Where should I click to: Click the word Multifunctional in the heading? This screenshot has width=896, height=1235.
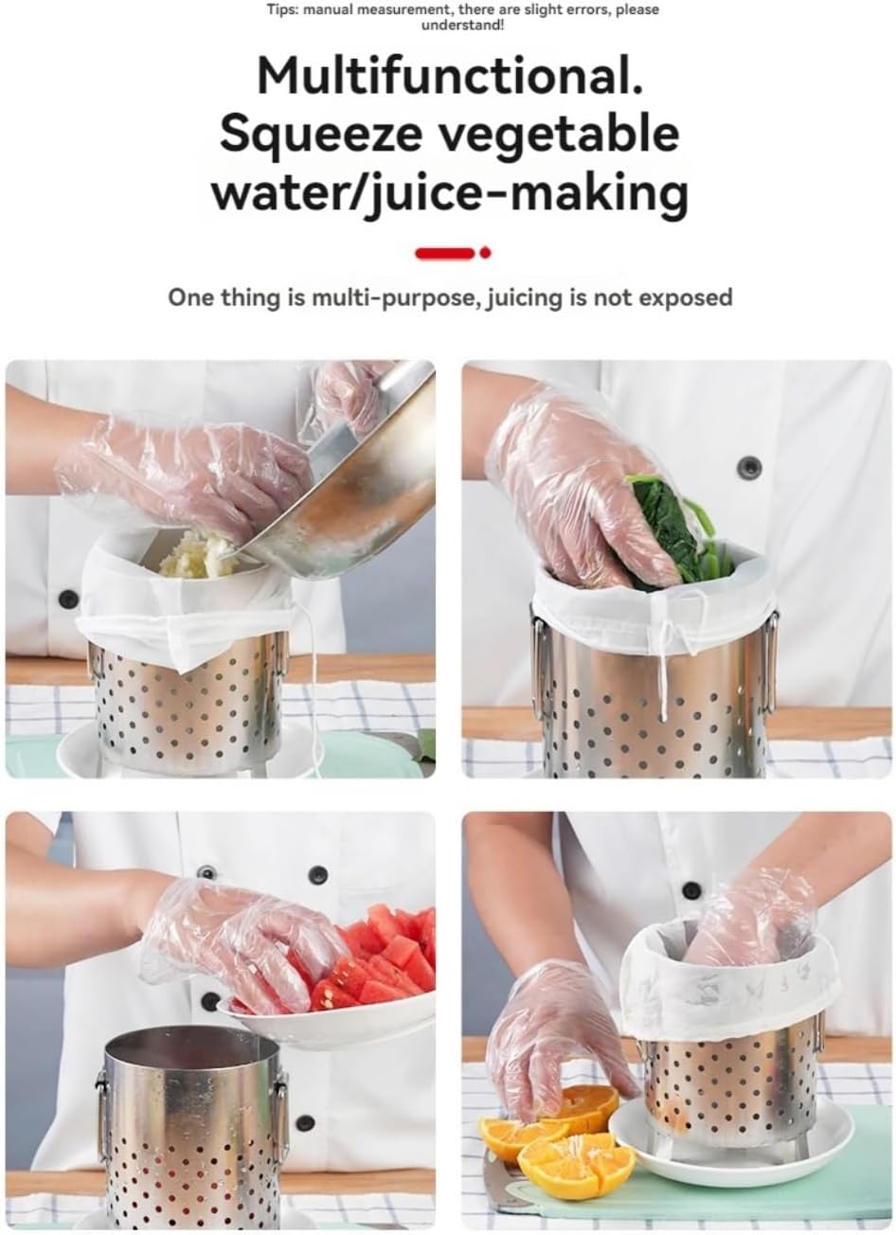coord(448,78)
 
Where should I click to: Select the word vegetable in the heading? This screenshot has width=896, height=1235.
coord(569,135)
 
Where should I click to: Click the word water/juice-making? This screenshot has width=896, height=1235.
coord(448,192)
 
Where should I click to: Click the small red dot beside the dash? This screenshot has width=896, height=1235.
coord(486,253)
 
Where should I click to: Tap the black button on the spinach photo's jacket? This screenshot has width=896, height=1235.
coord(750,465)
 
